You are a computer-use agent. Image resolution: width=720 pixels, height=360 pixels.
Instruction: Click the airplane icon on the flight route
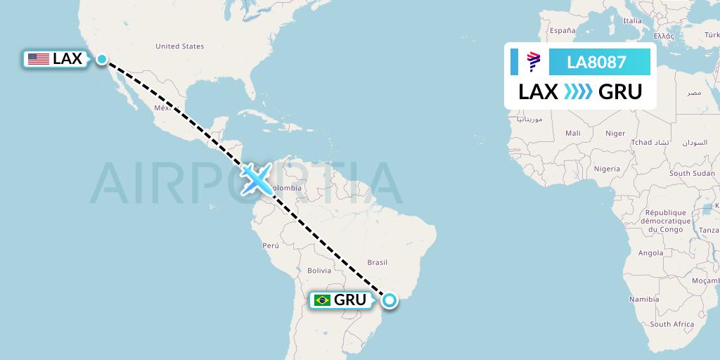tap(256, 179)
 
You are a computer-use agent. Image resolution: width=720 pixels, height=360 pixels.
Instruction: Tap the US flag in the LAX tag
tap(39, 59)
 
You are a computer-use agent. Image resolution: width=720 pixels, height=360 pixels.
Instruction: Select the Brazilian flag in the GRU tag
tap(323, 300)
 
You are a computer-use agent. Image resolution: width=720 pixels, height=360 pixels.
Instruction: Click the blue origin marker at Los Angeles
tap(102, 59)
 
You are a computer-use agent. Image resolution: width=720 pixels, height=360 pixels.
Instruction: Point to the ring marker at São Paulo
tap(389, 301)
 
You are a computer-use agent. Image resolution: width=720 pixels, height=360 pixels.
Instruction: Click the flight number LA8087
tap(596, 62)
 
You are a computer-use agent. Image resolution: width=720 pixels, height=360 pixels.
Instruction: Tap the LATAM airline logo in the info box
tap(533, 62)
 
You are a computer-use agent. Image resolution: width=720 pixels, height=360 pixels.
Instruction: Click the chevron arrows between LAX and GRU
tap(578, 91)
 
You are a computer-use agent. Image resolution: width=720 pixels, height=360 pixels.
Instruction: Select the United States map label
tap(179, 46)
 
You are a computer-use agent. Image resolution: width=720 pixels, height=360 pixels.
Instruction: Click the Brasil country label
tap(378, 262)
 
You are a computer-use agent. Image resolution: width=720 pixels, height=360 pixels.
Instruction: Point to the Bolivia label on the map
tap(319, 271)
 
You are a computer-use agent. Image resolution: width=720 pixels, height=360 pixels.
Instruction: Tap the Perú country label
tap(271, 245)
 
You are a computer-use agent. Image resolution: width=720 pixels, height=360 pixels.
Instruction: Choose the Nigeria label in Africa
tap(606, 169)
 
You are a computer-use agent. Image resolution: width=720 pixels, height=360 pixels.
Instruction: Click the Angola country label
tap(650, 253)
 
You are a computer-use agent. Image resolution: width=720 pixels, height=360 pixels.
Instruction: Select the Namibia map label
tap(644, 300)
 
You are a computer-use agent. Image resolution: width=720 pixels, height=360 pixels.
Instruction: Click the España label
tap(562, 31)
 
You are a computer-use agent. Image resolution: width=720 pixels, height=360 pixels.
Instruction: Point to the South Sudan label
tap(692, 173)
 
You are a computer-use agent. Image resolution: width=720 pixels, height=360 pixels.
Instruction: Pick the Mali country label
tap(572, 133)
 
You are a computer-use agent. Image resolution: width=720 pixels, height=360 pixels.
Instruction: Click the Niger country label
tap(615, 133)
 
